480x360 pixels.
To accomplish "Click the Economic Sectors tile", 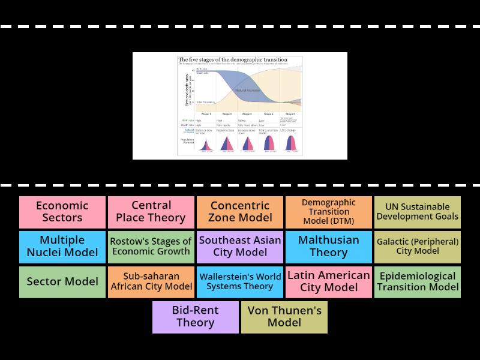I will [62, 212].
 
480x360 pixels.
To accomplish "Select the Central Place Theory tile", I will [151, 212].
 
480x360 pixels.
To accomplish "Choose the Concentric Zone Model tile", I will [240, 212].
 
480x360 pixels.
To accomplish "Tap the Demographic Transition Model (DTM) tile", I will [328, 212].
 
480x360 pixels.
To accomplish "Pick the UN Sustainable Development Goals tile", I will [417, 212].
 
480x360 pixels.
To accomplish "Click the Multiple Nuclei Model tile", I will [62, 247].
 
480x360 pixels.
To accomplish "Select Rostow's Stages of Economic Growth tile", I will [151, 247].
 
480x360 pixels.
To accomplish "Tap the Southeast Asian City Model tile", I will [240, 247].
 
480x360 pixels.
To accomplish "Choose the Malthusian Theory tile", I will [328, 247].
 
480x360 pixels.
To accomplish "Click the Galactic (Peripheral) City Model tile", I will [417, 247].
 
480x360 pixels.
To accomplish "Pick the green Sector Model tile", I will [62, 282].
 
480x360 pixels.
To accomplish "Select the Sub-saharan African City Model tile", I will [151, 282].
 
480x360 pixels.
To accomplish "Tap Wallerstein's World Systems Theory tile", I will [240, 282].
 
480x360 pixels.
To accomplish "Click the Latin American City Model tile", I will [328, 282].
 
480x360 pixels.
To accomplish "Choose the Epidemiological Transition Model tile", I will [417, 282].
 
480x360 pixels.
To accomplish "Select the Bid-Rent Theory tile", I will [196, 317].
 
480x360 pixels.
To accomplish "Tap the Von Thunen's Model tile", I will [284, 317].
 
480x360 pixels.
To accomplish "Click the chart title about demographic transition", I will [233, 60].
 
